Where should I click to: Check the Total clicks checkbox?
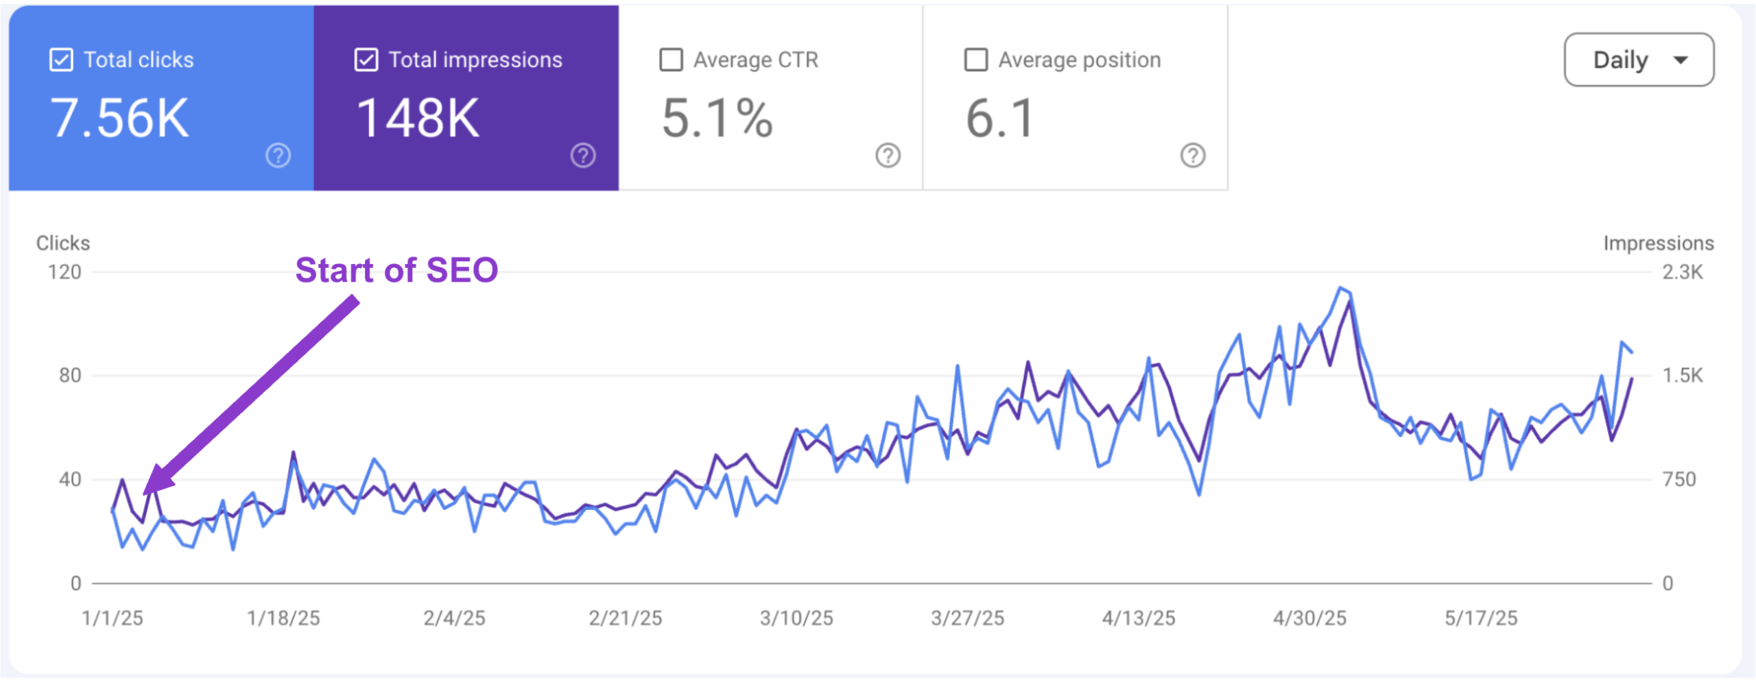[x=61, y=60]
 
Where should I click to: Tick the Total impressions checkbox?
[x=366, y=60]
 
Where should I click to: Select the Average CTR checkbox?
[x=671, y=60]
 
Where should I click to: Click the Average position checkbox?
[x=975, y=60]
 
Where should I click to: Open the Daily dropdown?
[x=1638, y=60]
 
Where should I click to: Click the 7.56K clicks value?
[x=119, y=119]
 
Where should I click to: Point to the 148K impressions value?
[x=418, y=119]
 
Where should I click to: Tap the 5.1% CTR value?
[x=717, y=119]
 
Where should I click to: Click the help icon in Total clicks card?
[x=278, y=156]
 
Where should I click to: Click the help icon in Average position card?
[x=1192, y=156]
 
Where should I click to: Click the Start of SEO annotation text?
[x=396, y=270]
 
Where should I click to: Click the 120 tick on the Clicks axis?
[x=64, y=272]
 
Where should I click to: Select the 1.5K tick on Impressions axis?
[x=1682, y=376]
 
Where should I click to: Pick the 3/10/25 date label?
[x=796, y=618]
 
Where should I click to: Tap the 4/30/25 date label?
[x=1309, y=618]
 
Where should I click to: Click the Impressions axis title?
[x=1658, y=243]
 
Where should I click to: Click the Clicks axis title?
[x=63, y=243]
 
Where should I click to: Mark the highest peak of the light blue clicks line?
[x=1340, y=288]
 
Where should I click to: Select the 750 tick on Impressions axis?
[x=1678, y=479]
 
